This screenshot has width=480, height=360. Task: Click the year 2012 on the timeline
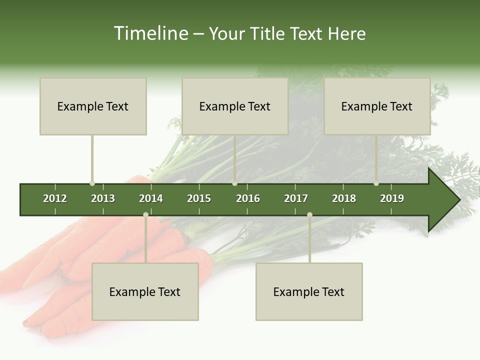point(55,198)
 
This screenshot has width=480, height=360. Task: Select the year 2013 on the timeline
point(103,198)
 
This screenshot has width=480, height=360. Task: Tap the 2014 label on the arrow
point(151,198)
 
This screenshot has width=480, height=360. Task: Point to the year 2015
point(199,198)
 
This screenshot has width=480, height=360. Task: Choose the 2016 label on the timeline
point(248,198)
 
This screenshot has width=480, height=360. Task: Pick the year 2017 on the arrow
point(296,198)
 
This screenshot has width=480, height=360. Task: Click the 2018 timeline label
point(344,198)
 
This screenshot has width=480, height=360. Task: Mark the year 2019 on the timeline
point(392,198)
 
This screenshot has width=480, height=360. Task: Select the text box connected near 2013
point(93,106)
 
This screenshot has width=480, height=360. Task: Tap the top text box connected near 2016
point(235,106)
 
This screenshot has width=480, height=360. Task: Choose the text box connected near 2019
point(377,106)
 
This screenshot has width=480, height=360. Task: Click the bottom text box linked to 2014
point(145,292)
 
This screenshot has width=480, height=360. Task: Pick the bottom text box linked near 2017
point(309,292)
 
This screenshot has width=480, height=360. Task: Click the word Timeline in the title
point(150,33)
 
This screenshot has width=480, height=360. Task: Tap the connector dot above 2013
point(92,183)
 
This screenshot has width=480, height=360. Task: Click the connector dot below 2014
point(145,215)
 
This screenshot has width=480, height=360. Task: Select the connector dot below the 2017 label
point(309,215)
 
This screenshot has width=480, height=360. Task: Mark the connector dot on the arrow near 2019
point(376,183)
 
